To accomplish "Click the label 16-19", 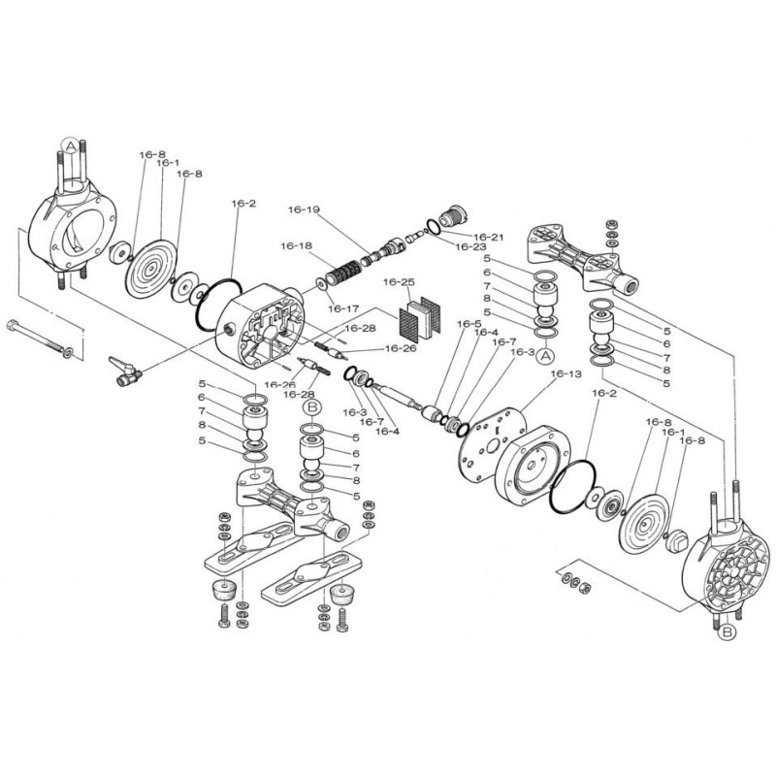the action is [304, 210].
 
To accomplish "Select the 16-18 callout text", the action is [297, 245].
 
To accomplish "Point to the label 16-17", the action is [343, 308].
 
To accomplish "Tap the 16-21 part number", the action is [489, 237].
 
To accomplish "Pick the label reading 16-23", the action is [470, 246].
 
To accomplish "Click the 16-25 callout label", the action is [399, 281].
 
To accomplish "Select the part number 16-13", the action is [566, 373].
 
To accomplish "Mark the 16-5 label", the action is [469, 324].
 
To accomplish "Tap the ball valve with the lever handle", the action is [125, 372].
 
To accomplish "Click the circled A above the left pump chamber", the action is [71, 146].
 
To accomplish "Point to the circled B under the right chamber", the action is [727, 632].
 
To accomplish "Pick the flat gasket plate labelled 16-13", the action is [492, 442].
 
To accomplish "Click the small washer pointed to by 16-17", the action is [321, 284].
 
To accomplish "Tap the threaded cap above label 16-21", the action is [453, 213].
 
